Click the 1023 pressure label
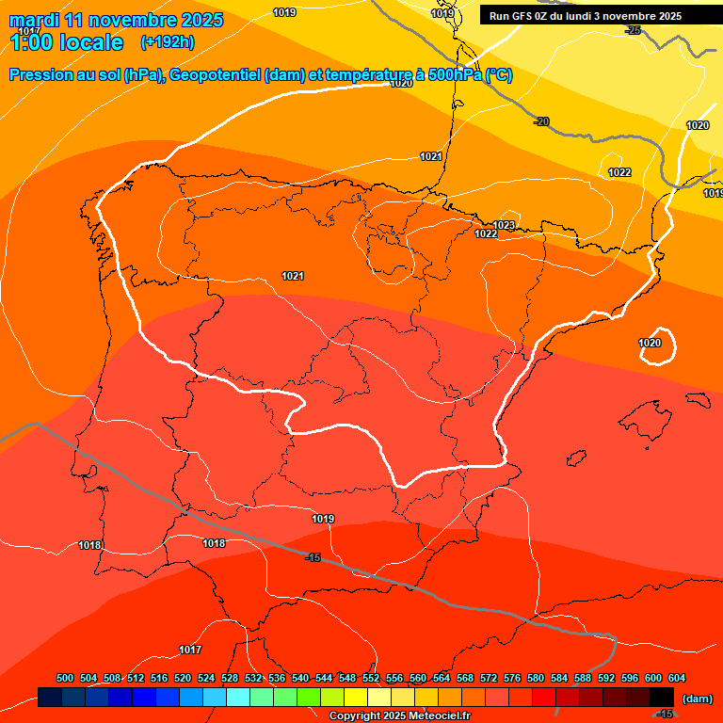[x=504, y=225]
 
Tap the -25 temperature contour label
[x=634, y=31]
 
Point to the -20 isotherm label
[x=541, y=121]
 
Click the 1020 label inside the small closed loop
[x=650, y=343]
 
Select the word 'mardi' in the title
[x=37, y=20]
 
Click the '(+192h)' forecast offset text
[x=167, y=42]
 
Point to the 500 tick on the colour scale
[x=65, y=678]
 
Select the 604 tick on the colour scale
[x=676, y=678]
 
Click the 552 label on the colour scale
[x=371, y=678]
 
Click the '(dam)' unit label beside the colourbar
[x=698, y=699]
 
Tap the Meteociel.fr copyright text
[x=399, y=715]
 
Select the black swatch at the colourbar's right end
[x=662, y=698]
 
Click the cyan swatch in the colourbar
[x=238, y=698]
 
